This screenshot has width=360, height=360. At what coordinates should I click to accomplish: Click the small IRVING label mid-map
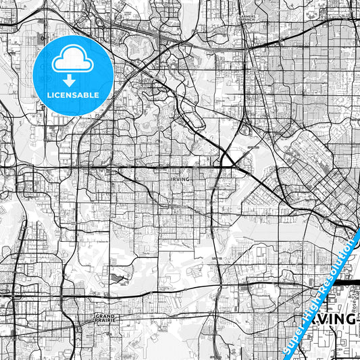180,178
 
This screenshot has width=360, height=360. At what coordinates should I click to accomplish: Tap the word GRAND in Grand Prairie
105,315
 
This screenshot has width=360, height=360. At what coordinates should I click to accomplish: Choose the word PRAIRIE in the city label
105,320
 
